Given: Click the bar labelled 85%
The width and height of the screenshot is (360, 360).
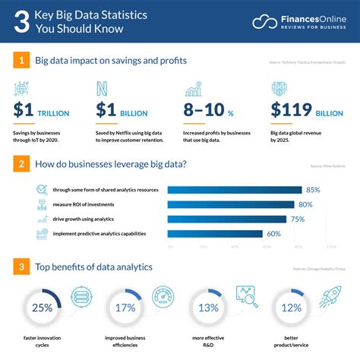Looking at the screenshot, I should coord(234,189).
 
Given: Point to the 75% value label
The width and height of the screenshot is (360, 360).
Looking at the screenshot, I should coord(298,219).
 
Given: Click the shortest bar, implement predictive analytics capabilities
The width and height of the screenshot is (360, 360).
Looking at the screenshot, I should coord(214,234).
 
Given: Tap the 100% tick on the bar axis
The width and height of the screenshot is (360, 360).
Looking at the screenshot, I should coord(331,246).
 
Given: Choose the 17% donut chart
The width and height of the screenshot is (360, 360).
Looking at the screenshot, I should coord(125,308).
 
